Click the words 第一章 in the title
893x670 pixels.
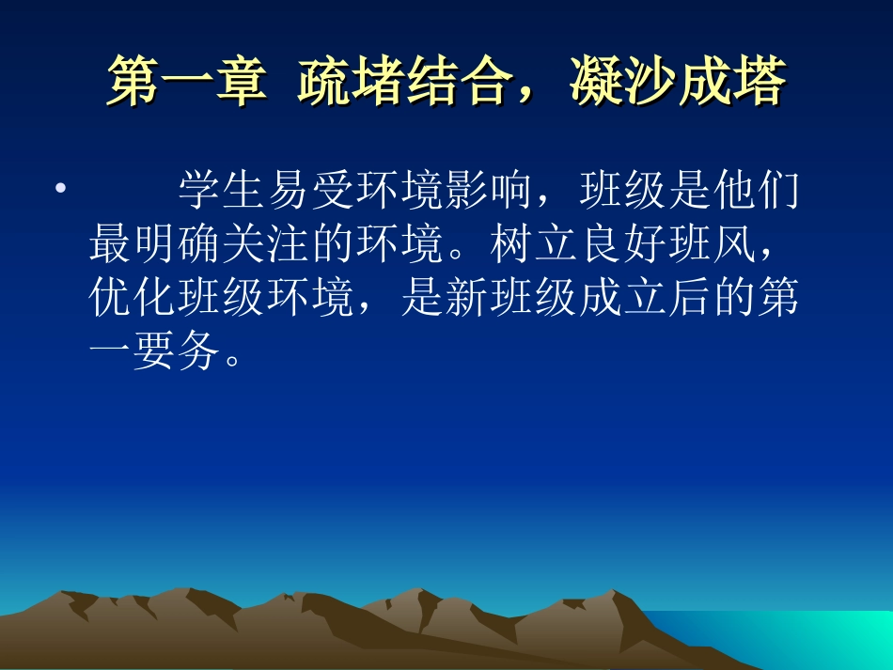(182, 83)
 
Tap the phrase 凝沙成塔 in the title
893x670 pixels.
(677, 83)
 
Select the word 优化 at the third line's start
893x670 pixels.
(133, 299)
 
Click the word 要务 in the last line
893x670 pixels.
(177, 353)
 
